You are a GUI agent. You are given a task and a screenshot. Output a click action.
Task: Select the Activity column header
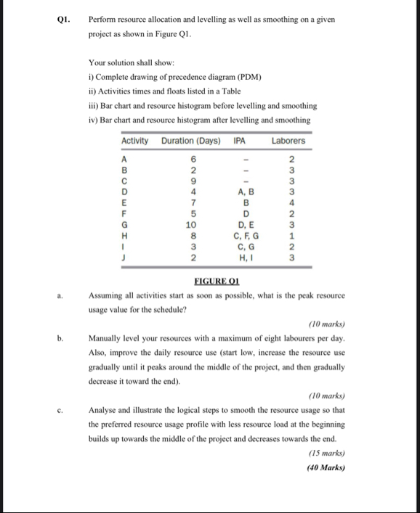point(134,140)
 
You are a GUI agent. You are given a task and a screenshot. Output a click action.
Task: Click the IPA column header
point(240,140)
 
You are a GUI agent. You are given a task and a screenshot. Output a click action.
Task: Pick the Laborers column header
point(288,140)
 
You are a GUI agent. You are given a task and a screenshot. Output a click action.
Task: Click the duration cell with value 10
point(193,225)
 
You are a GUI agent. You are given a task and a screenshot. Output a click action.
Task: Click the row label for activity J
point(125,256)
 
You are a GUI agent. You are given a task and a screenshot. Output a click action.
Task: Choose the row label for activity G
point(125,225)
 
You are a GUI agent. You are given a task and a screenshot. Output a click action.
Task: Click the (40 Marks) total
point(325,467)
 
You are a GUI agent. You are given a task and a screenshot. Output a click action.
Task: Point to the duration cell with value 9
point(193,182)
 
